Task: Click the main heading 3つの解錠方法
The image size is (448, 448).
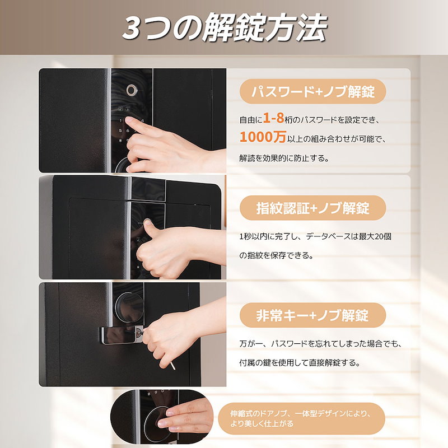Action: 225,27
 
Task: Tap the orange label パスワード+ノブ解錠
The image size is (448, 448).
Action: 312,91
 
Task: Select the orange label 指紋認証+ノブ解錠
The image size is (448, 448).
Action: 312,208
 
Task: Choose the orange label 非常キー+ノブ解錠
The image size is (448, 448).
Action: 312,315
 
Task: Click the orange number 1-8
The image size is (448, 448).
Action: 273,118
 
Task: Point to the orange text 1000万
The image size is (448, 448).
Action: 263,137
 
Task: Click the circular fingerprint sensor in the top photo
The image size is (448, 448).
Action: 132,90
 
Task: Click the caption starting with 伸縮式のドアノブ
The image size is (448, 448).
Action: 301,418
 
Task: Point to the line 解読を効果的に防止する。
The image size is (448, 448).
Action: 284,158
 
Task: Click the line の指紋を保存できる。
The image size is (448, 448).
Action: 276,255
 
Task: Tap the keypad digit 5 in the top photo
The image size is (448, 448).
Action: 120,131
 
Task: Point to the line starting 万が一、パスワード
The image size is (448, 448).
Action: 320,343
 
